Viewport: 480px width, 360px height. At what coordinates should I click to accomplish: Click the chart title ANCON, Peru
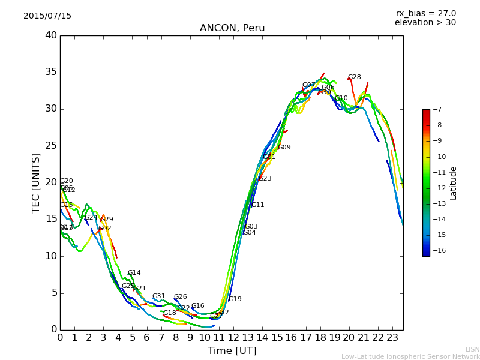point(232,28)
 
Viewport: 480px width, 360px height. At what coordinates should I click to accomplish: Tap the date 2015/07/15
point(47,16)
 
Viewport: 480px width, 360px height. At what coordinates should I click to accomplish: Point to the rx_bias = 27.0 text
point(426,13)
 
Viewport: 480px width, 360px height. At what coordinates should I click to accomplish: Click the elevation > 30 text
point(425,23)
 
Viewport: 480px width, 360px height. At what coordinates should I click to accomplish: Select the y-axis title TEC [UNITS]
point(36,182)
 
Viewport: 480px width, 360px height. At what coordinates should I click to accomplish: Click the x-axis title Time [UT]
point(232,350)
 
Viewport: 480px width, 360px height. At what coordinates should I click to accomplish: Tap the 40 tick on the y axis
point(50,35)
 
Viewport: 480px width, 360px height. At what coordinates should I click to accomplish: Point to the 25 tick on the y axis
point(50,146)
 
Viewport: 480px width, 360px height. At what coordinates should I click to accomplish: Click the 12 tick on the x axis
point(233,337)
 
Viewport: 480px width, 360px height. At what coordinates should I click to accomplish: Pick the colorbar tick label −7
point(436,110)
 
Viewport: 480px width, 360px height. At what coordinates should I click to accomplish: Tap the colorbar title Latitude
point(454,182)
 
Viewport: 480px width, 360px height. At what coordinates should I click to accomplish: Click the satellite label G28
point(355,77)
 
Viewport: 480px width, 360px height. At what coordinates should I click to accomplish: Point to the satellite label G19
point(235,299)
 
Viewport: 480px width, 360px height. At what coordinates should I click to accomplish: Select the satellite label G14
point(134,273)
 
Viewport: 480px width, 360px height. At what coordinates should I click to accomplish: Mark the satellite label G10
point(341,98)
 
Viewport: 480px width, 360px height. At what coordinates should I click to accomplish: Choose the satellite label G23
point(265,179)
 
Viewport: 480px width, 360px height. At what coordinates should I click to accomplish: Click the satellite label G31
point(158,296)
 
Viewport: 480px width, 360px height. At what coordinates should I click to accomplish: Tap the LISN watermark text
point(472,349)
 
